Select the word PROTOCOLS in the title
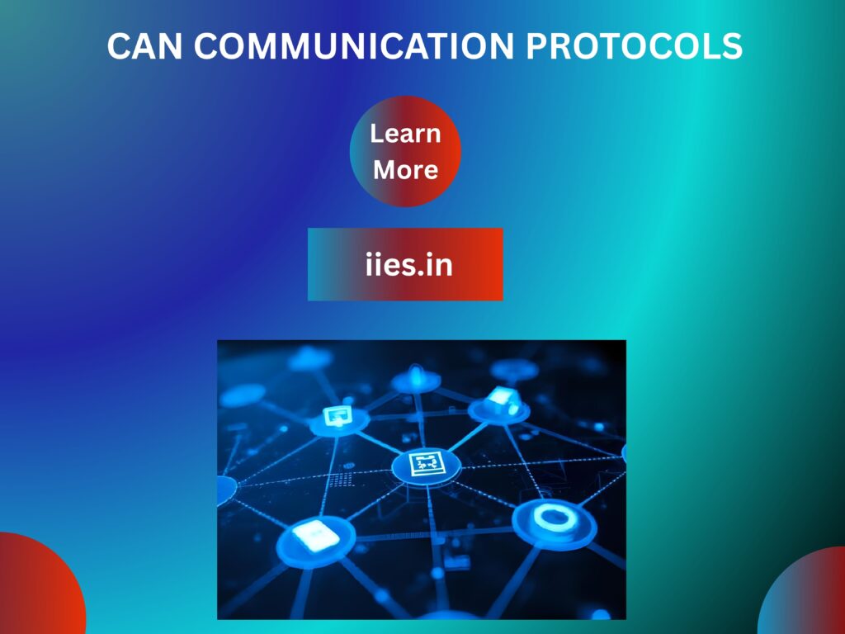pos(635,47)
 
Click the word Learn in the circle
pos(405,134)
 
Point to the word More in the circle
pos(405,170)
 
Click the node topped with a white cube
pos(499,404)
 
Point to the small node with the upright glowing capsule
pos(416,379)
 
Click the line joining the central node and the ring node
pos(489,492)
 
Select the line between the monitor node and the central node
pos(381,442)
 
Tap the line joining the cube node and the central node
pos(464,434)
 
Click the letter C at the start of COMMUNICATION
pos(208,47)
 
